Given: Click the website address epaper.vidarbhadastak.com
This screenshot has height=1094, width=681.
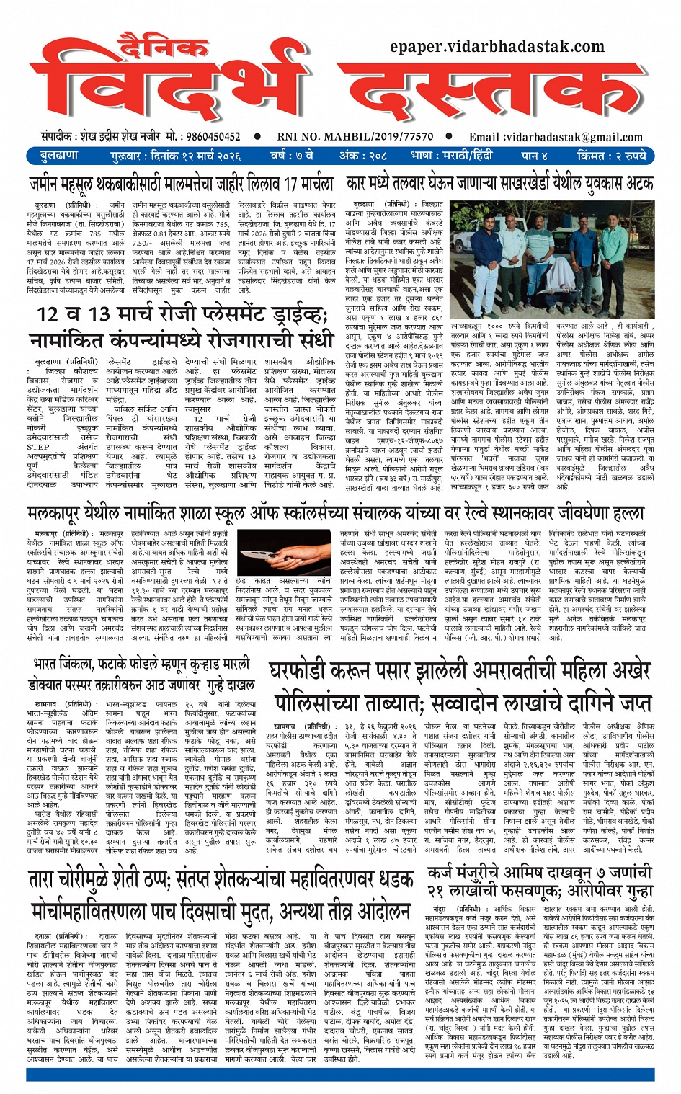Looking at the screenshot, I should [497, 47].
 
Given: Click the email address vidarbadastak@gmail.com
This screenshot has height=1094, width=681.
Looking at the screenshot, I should [563, 137].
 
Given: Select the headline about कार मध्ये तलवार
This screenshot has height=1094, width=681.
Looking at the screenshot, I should [499, 184].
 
